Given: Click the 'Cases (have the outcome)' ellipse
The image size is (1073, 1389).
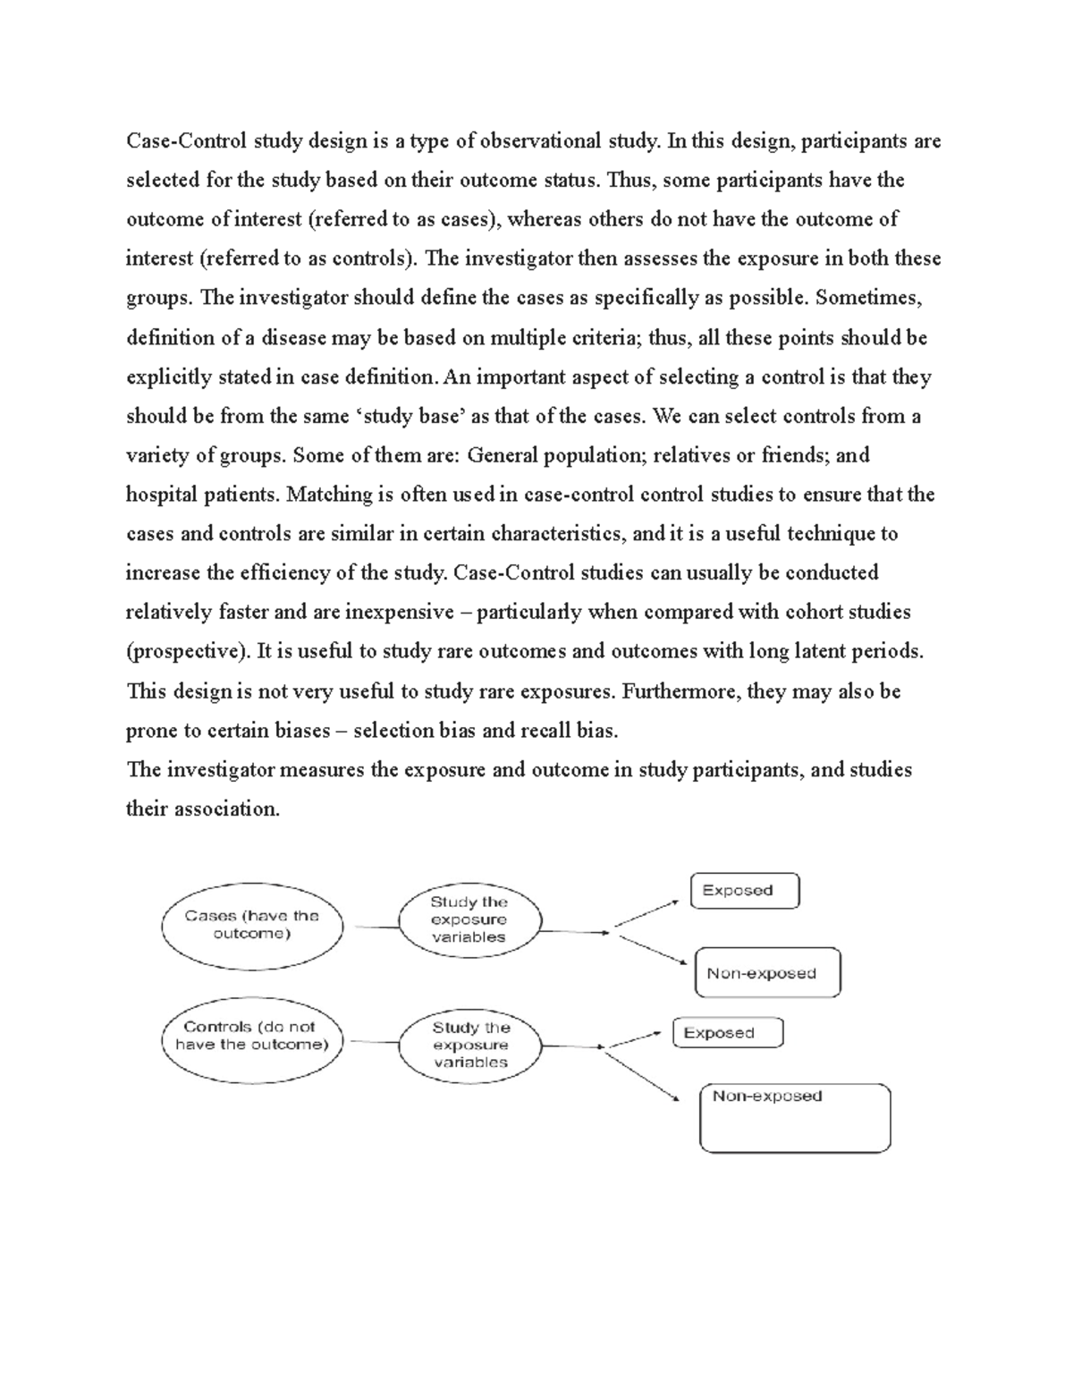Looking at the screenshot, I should [x=252, y=925].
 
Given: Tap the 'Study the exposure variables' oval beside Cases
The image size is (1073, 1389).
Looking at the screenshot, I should [x=469, y=920].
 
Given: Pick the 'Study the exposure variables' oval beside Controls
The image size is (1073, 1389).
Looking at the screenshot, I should [x=470, y=1046].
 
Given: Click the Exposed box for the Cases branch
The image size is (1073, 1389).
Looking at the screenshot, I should [x=745, y=891].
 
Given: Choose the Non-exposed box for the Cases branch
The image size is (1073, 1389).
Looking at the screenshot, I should [x=767, y=973].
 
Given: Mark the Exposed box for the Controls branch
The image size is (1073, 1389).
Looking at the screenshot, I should [x=727, y=1033].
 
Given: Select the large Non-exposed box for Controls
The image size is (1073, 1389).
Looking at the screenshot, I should [x=795, y=1118].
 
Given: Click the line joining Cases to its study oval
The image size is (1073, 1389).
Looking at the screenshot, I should [x=376, y=927].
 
